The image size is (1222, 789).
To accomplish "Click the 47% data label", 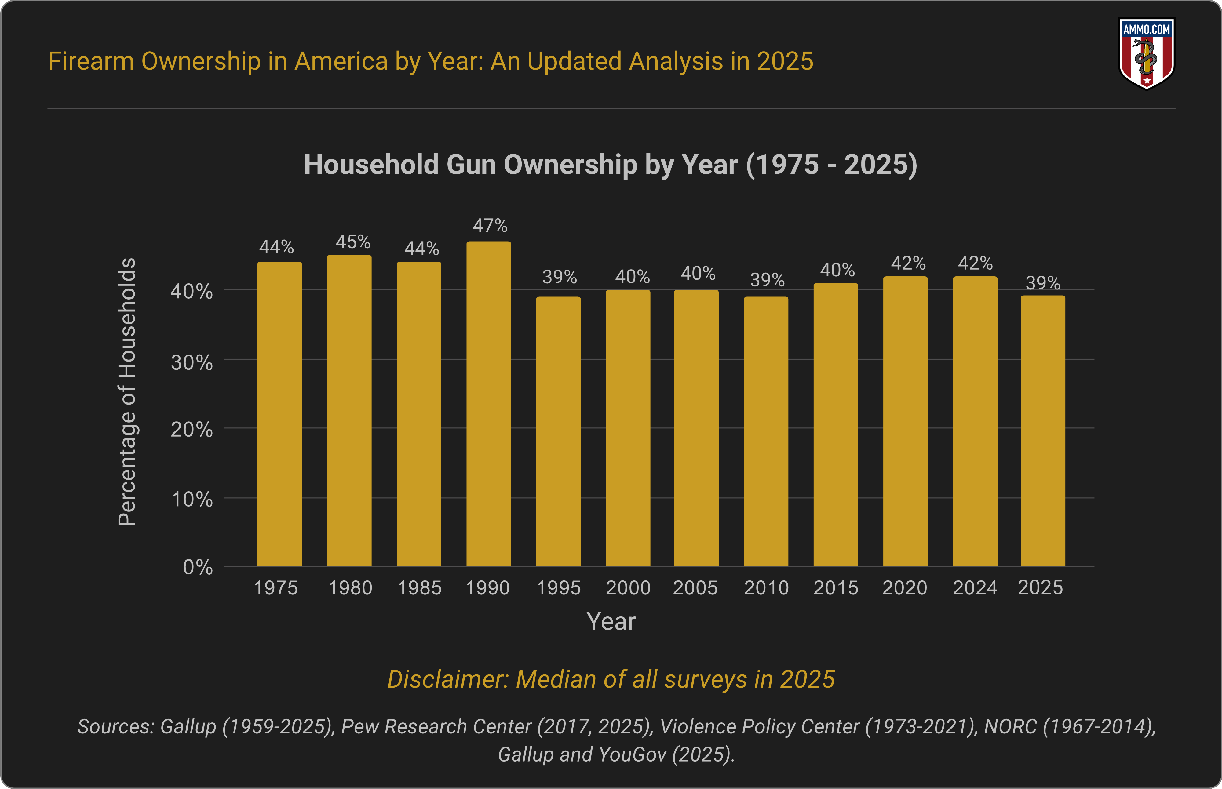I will point(490,225).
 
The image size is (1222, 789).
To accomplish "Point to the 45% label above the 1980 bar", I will point(352,242).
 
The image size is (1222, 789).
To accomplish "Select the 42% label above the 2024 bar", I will point(975,263).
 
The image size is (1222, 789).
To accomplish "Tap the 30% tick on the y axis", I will point(192,363).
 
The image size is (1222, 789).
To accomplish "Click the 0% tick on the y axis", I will point(198,567).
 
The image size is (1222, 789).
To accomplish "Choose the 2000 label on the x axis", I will point(628,588).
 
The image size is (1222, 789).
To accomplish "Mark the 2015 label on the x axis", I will point(836,588).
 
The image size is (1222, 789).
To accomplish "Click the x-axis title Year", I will point(611,621).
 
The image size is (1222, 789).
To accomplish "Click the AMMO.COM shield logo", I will point(1147,54).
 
